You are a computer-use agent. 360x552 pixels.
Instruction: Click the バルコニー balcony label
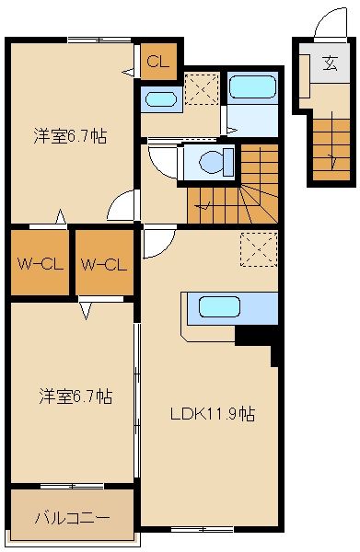[x=72, y=517]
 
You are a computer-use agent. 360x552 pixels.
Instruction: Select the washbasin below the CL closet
[x=161, y=100]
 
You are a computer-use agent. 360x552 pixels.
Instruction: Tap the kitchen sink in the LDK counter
[x=219, y=307]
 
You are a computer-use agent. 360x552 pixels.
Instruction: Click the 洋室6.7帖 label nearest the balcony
[x=75, y=397]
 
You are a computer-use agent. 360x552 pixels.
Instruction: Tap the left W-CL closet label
[x=38, y=265]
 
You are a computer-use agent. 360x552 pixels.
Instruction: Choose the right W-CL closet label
[x=102, y=265]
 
